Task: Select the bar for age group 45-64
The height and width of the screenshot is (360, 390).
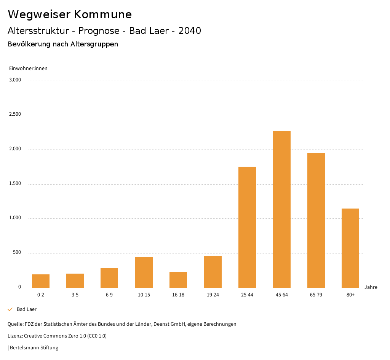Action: tap(281, 209)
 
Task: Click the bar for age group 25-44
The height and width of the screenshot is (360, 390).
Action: tap(247, 227)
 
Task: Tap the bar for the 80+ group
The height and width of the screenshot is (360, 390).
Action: tap(350, 248)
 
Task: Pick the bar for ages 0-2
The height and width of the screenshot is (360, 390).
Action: tap(41, 281)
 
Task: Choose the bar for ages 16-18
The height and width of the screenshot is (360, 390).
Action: tap(178, 280)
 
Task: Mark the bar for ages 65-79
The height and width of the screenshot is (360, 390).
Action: tap(316, 220)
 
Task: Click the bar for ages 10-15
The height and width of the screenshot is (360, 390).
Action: tap(144, 272)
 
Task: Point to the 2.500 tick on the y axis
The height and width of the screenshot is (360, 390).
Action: tap(15, 114)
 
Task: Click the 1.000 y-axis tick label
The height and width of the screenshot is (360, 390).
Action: tap(15, 218)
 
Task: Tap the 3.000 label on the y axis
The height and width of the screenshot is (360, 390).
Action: tap(15, 80)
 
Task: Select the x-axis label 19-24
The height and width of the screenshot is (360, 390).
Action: tap(213, 295)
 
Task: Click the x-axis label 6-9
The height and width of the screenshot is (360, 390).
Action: tap(109, 295)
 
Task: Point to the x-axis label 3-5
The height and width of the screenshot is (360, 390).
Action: tap(75, 295)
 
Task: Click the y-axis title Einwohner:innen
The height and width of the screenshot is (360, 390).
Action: tap(28, 68)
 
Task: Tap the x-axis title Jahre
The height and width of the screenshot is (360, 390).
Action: tap(371, 287)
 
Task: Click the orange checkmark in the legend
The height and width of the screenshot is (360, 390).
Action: tap(10, 309)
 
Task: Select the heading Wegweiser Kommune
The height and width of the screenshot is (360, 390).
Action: tap(70, 14)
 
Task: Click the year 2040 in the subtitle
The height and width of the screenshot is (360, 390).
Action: tap(190, 31)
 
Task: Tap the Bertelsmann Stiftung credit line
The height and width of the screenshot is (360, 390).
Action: tap(34, 347)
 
